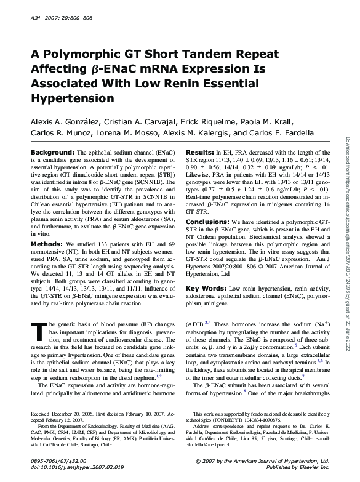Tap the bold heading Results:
199,151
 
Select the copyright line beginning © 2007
263,460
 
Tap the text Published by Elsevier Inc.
286,468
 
